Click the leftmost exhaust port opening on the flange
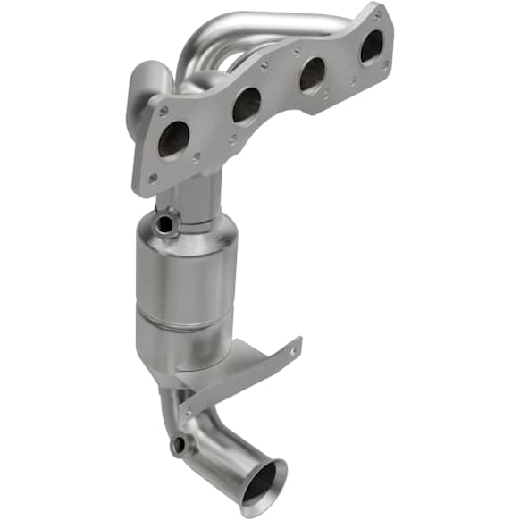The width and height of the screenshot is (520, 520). (172, 139)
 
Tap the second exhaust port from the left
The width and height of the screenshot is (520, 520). (246, 105)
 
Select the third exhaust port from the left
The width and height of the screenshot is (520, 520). (312, 75)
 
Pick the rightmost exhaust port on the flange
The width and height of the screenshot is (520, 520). (371, 47)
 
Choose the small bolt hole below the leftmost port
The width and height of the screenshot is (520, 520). (153, 178)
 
